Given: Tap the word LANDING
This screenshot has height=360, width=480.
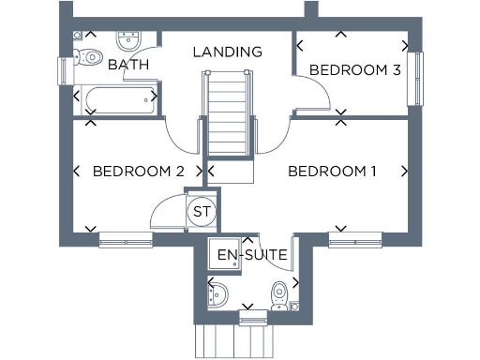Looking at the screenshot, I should coord(227,52).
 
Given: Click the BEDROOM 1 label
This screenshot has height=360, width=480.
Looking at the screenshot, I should coord(332,172).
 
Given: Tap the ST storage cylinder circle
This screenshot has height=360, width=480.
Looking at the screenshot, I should coord(201,212).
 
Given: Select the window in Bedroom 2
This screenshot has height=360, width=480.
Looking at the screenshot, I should coord(127,241).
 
